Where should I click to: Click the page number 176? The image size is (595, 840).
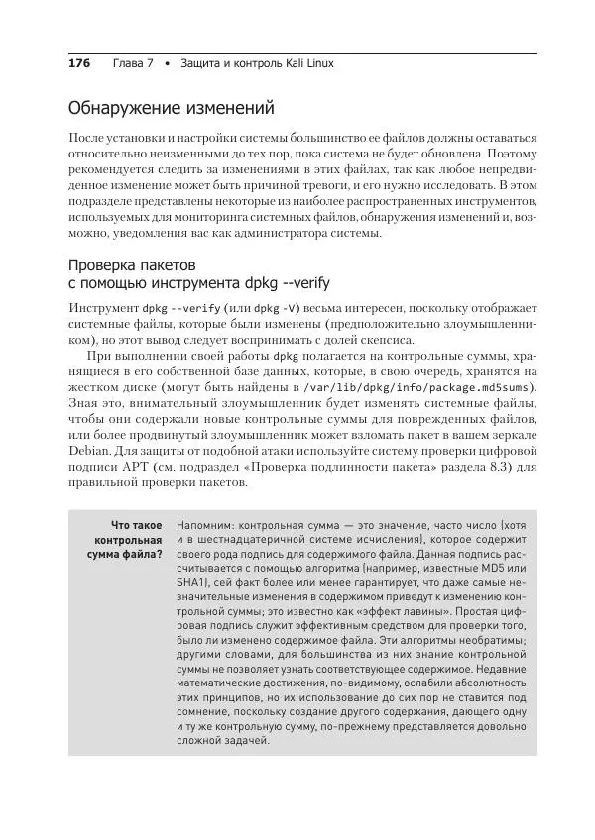click(x=79, y=63)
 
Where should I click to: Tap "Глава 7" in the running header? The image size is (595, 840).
click(x=134, y=63)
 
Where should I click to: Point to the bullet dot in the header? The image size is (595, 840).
click(x=168, y=63)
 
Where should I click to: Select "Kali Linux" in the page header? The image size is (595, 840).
click(x=306, y=63)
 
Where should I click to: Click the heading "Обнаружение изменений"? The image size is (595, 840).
click(x=170, y=107)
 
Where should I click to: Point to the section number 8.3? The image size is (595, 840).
click(x=476, y=470)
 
